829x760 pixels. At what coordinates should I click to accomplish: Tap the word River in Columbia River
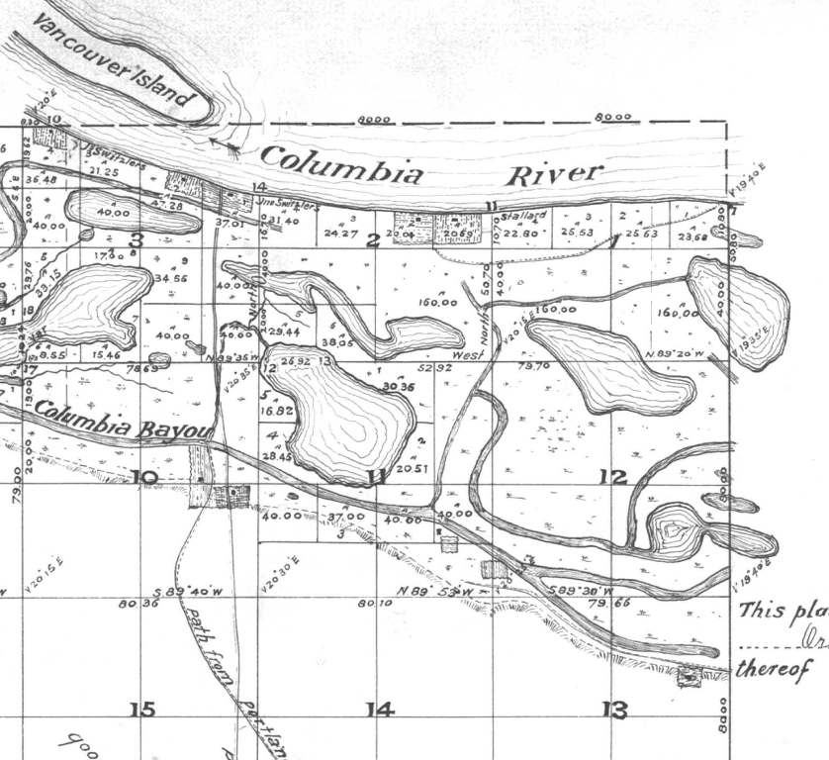[x=554, y=175]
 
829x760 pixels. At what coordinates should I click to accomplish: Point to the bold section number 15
[x=142, y=709]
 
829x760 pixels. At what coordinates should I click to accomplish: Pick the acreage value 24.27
[x=339, y=235]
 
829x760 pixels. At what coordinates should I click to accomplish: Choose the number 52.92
[x=434, y=367]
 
